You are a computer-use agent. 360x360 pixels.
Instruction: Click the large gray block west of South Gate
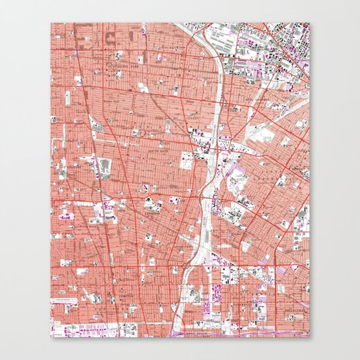pyautogui.click(x=105, y=167)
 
